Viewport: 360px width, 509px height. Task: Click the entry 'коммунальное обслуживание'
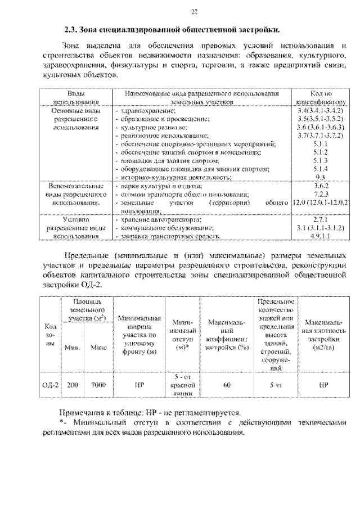click(163, 228)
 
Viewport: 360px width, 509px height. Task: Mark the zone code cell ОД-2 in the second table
click(51, 386)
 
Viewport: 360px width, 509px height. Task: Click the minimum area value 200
click(72, 386)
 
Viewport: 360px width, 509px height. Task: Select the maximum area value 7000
click(98, 386)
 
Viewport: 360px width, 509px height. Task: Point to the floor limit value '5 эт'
click(274, 386)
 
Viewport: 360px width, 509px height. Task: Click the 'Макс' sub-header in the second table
click(98, 348)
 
